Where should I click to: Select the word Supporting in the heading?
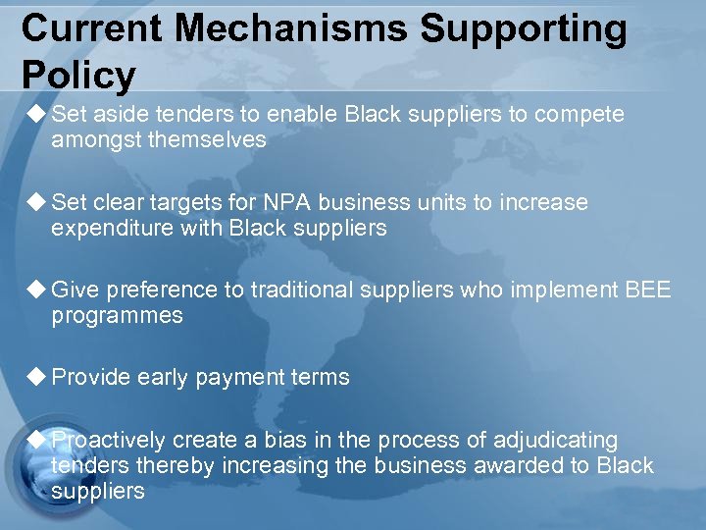click(x=523, y=29)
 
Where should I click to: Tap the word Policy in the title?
click(x=78, y=75)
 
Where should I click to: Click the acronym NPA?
click(x=290, y=203)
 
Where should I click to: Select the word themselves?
click(x=207, y=140)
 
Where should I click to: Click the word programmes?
click(x=117, y=315)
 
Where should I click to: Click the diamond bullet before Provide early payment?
click(x=37, y=377)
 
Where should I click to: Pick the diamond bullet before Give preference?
click(x=37, y=290)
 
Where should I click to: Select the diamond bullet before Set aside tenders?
click(x=37, y=115)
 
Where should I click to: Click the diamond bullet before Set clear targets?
click(x=37, y=203)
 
